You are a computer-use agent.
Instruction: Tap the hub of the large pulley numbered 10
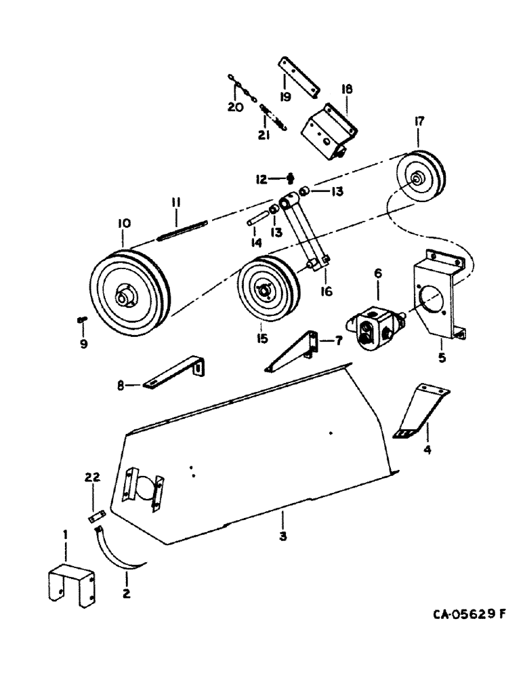coord(126,296)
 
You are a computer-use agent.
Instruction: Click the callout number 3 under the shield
coord(283,536)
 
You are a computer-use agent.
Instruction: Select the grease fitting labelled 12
coord(291,178)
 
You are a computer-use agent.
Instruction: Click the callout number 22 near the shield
coord(92,478)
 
